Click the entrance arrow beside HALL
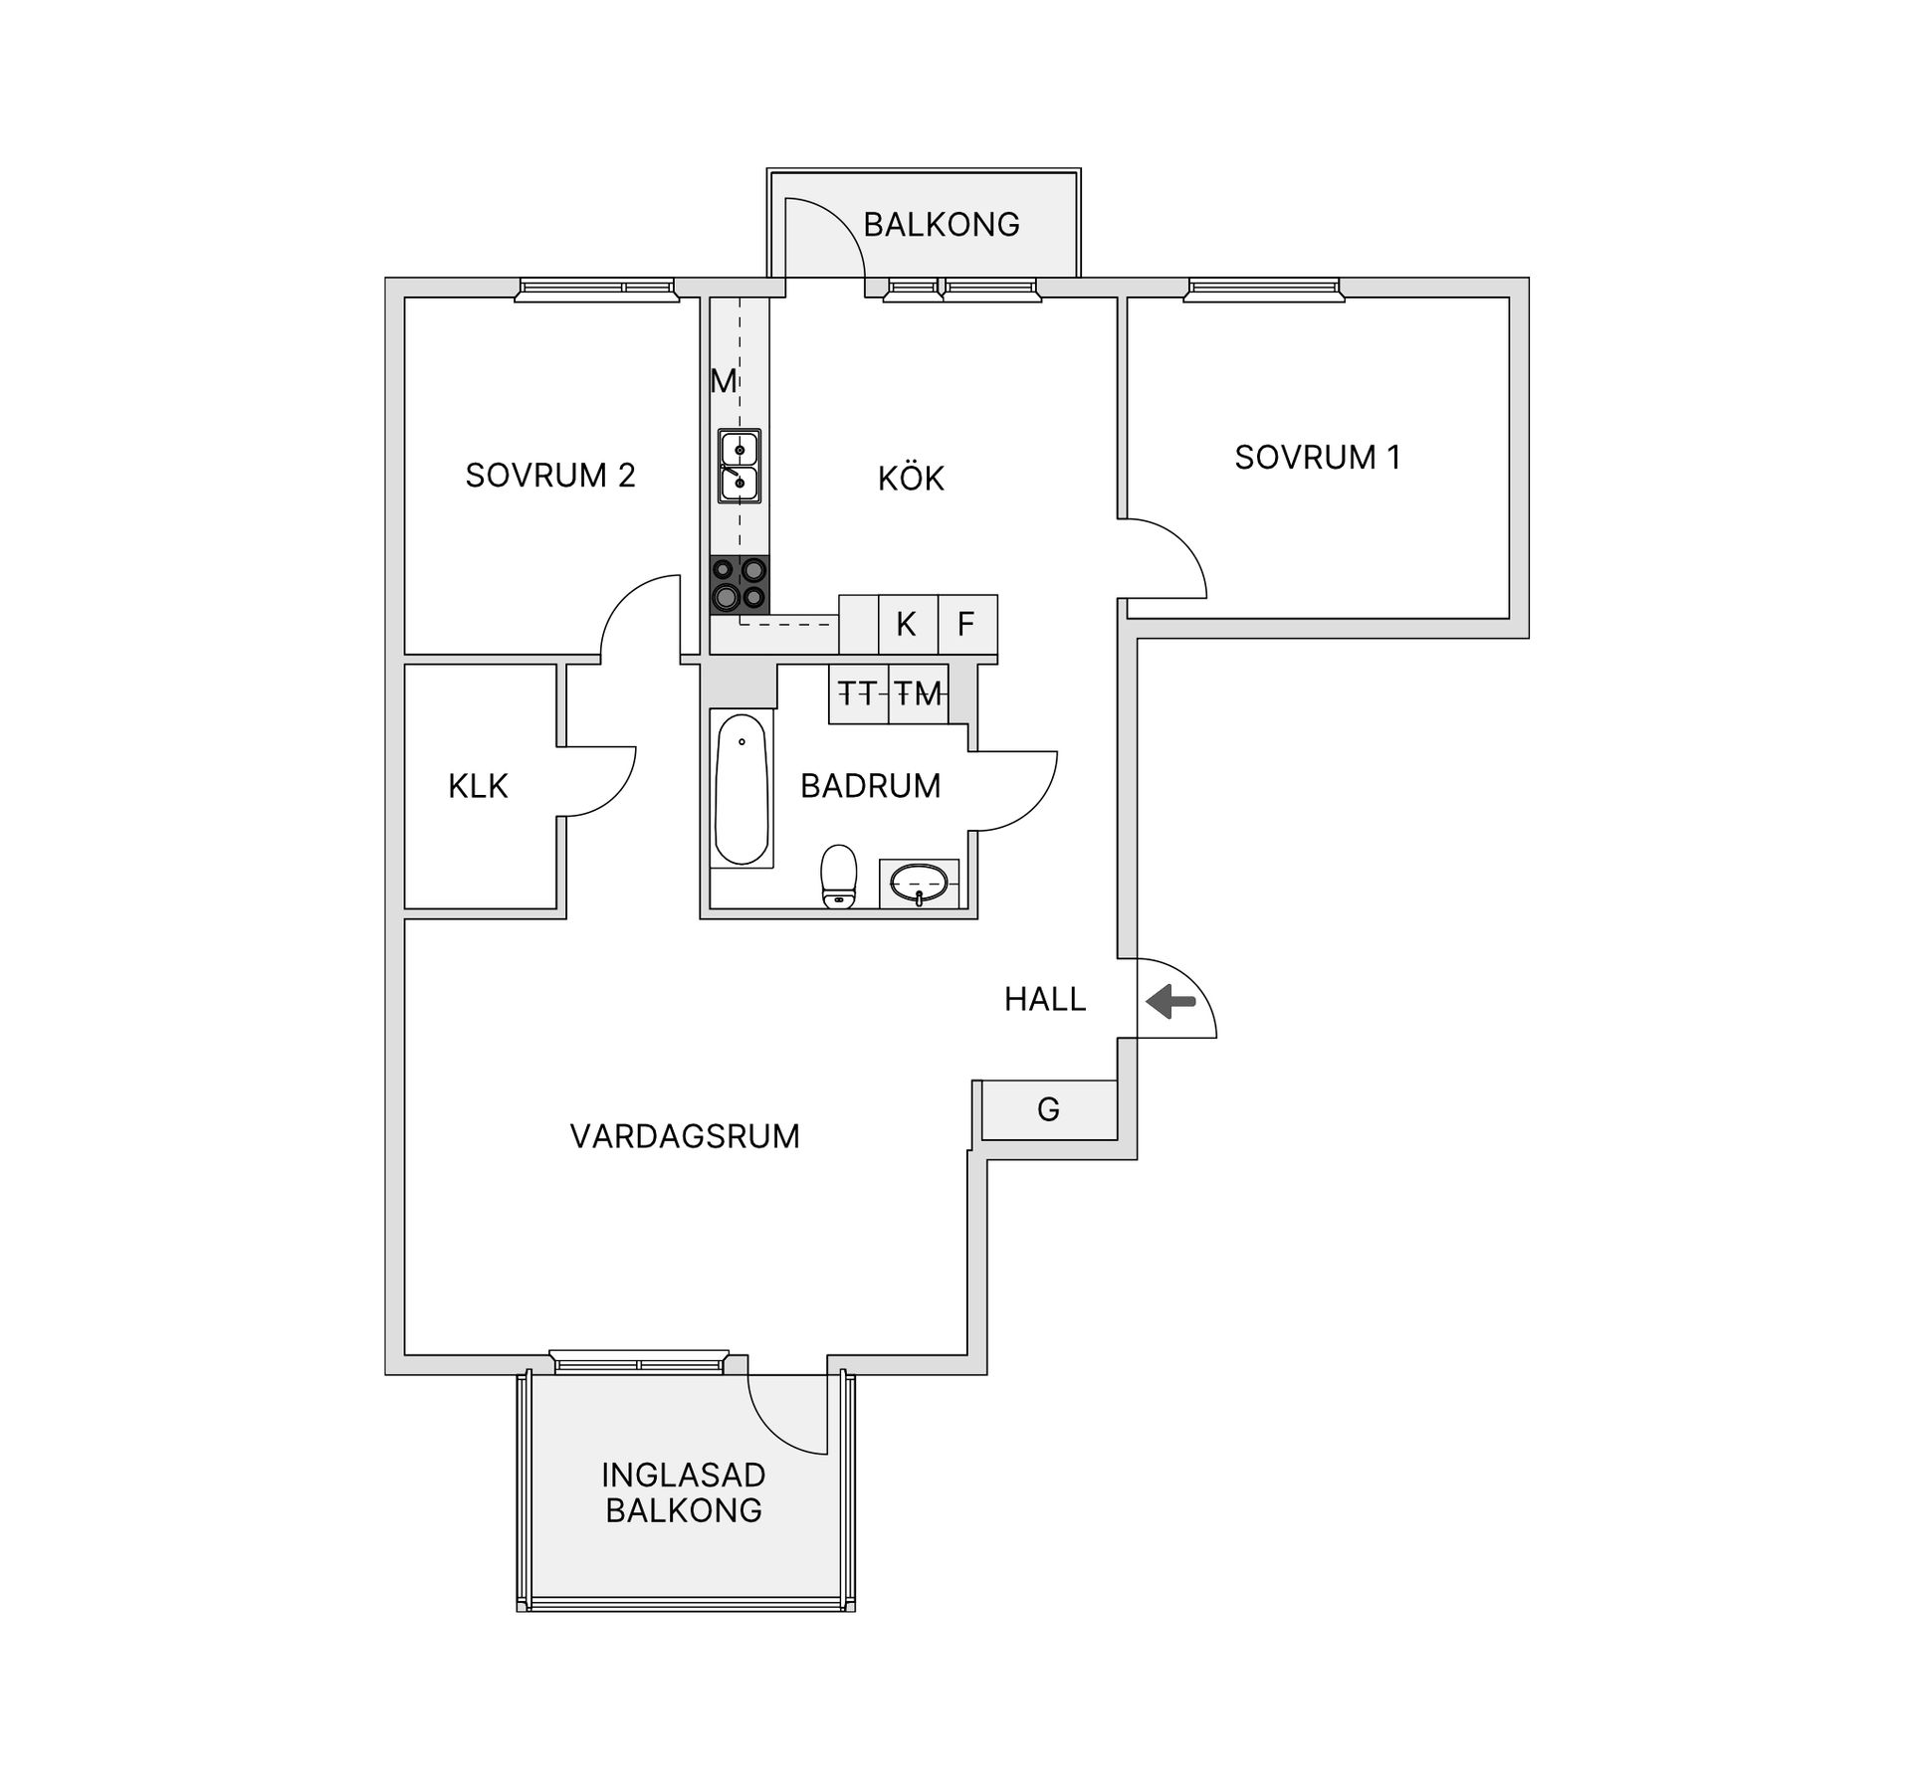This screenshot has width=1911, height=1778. click(x=1170, y=1001)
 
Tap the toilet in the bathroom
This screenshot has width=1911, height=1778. click(x=839, y=876)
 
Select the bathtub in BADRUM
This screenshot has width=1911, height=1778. click(x=742, y=789)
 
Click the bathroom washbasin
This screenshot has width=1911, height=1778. click(x=919, y=884)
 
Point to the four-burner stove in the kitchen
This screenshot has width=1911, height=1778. click(x=740, y=584)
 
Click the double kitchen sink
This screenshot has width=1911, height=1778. click(x=740, y=466)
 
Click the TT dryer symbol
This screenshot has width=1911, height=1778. click(x=858, y=693)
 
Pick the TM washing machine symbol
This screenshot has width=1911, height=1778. click(x=918, y=693)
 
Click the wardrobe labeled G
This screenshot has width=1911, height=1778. click(x=1049, y=1109)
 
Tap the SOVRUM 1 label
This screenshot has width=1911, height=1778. click(x=1317, y=457)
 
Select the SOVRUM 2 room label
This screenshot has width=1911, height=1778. click(x=549, y=475)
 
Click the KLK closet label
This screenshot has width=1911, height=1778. click(x=478, y=786)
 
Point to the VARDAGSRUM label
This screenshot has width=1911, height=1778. click(x=685, y=1136)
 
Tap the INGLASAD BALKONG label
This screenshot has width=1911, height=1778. click(x=684, y=1492)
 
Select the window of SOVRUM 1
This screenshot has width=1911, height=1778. click(x=1264, y=290)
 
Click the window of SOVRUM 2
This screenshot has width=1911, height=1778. click(x=596, y=290)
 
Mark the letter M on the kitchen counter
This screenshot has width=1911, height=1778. click(x=724, y=380)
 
